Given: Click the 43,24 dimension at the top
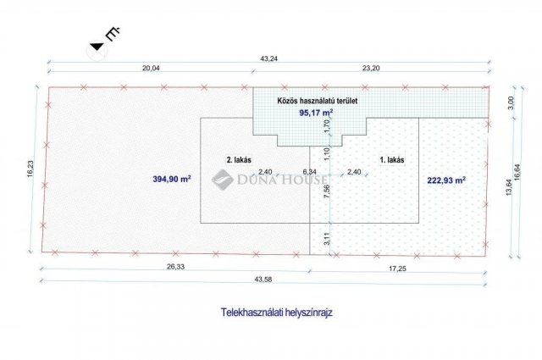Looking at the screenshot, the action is click(268, 58).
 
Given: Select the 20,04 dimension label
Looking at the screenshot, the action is click(151, 68).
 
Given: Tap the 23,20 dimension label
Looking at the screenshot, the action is click(371, 68).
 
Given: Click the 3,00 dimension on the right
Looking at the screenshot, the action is click(512, 102).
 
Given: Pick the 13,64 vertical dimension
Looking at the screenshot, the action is click(509, 187).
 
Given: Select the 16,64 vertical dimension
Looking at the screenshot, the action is click(517, 172).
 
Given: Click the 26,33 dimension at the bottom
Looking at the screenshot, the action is click(176, 267).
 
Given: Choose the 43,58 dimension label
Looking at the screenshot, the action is click(263, 280).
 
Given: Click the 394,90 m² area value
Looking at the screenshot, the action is click(172, 179).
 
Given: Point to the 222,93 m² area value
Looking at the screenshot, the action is click(446, 180).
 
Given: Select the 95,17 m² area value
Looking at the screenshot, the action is click(316, 113).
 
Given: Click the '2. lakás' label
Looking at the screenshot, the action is click(239, 160).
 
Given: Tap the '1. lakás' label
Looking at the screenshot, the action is click(392, 160).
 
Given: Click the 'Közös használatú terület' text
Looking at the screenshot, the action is click(318, 101).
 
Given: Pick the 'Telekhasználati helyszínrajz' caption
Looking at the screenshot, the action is click(277, 313).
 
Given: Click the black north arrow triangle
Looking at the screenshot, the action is click(97, 47).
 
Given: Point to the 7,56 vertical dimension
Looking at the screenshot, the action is click(328, 192).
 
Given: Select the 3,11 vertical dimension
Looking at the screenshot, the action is click(328, 239).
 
